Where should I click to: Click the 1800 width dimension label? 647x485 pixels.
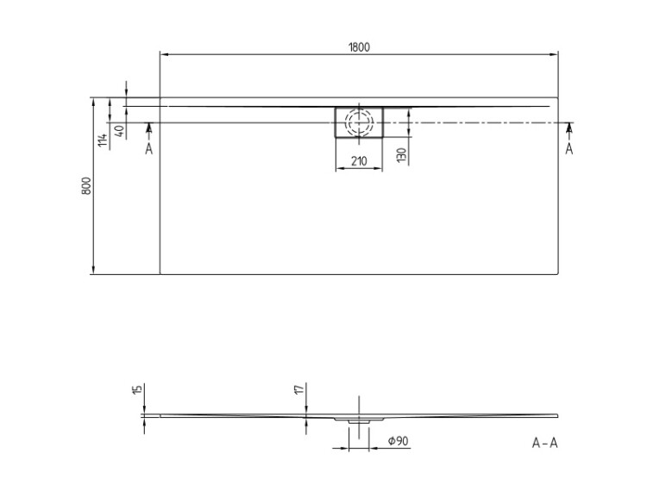point(359,47)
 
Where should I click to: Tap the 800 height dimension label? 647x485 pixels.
point(86,186)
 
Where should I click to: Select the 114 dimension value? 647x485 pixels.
point(104,140)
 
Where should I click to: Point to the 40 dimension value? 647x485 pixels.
point(119,132)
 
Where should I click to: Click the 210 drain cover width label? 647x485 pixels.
point(359,161)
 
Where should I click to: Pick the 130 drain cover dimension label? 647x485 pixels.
point(401,155)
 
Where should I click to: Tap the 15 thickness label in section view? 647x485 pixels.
point(138,389)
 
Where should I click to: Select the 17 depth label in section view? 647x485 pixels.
point(300,389)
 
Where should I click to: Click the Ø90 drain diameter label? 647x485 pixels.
point(399,441)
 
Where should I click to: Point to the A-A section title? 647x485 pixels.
point(545,443)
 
